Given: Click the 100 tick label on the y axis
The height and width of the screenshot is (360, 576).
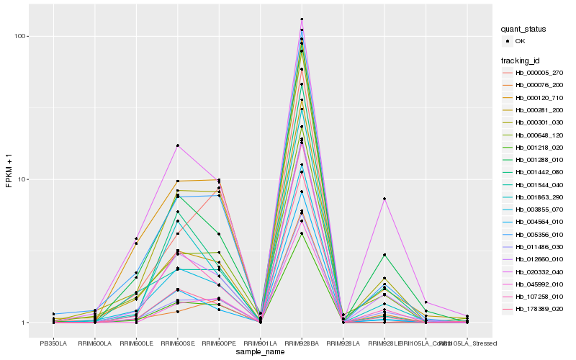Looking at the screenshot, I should tap(21, 36).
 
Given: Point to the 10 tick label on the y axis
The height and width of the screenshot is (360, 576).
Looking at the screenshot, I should tap(23, 179).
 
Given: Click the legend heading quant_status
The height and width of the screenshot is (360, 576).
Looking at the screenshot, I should tap(523, 30).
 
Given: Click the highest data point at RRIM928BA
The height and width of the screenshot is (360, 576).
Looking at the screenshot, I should tap(302, 19).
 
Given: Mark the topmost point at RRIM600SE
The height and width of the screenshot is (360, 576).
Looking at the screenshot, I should tap(178, 145).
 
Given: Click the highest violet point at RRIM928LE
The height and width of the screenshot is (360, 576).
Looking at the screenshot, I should tap(384, 199).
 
